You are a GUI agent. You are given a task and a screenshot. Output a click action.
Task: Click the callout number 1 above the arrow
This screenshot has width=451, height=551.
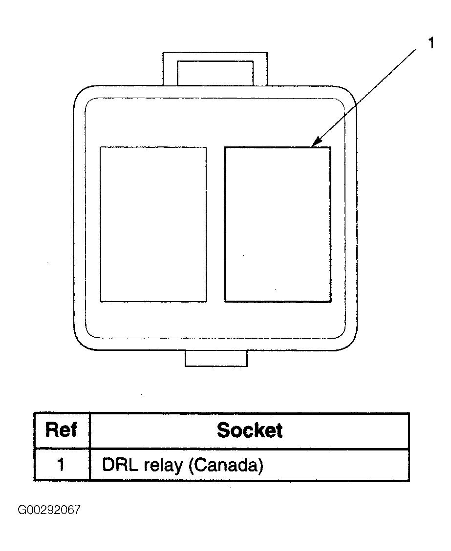point(430,43)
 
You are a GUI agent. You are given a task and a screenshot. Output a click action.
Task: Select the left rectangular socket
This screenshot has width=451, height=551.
point(153,224)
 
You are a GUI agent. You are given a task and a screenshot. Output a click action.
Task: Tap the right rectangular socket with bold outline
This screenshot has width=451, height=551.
point(277,224)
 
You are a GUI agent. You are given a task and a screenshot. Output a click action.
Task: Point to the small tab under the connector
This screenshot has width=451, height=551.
point(216,359)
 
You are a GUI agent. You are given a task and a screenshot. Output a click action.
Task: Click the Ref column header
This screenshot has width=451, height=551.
point(61,430)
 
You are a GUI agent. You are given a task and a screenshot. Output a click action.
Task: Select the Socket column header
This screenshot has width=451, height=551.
point(249,430)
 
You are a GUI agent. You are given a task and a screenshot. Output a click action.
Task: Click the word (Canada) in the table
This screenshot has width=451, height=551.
point(225,465)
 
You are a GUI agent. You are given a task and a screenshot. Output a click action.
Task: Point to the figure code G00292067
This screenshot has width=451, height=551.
point(49,510)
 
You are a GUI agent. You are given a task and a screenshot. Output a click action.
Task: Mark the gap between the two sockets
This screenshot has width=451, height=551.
point(215,224)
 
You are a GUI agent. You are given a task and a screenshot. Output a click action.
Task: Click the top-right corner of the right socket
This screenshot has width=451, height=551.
point(330,147)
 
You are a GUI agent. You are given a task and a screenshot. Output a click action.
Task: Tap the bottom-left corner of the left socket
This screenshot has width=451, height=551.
point(101,302)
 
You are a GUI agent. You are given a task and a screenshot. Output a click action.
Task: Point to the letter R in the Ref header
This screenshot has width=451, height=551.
point(51,430)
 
